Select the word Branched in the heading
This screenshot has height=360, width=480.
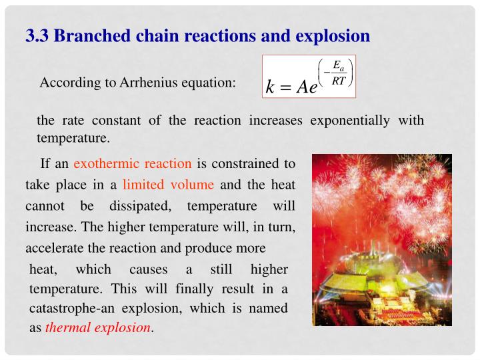pos(87,35)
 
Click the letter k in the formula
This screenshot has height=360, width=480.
pos(270,87)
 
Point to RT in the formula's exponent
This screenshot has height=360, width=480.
pos(339,81)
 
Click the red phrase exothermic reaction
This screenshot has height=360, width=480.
pos(133,163)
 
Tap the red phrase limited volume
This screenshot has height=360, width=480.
pos(169,185)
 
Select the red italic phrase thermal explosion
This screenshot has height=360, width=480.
pos(98,328)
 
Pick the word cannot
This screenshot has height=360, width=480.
pos(45,206)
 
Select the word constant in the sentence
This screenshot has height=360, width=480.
pos(119,121)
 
